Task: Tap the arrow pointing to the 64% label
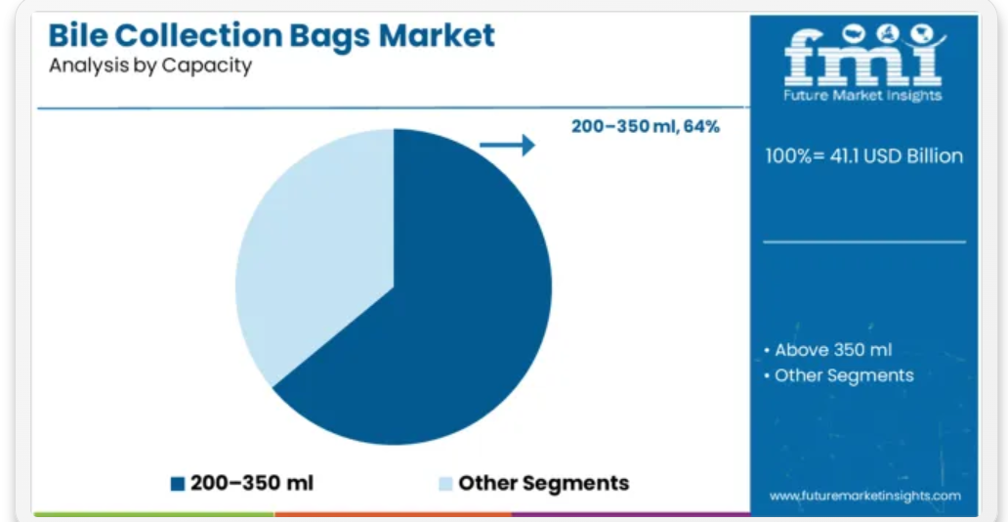point(507,145)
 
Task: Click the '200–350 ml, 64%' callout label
point(646,127)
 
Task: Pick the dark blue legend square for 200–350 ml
point(178,483)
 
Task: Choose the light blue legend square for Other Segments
point(445,483)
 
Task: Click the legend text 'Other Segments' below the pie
point(543,483)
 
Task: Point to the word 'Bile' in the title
point(72,35)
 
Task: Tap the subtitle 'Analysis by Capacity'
point(149,65)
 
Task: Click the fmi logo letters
point(863,60)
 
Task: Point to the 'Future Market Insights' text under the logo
point(863,96)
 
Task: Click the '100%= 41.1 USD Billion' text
point(864,155)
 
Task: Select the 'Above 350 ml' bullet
point(828,350)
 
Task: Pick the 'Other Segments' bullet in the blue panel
point(838,375)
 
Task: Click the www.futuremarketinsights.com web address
point(864,496)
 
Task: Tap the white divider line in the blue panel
point(864,242)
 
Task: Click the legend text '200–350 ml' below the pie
point(251,483)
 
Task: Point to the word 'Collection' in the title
point(192,35)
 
